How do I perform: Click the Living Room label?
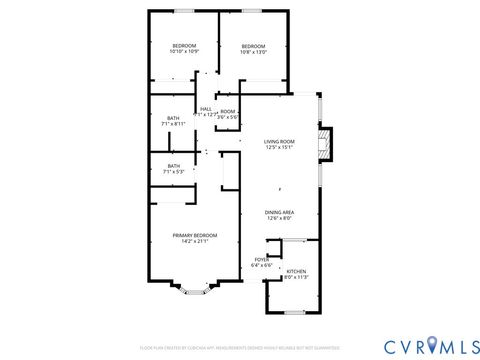279,142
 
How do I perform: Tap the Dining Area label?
279,212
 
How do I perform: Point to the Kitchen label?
297,272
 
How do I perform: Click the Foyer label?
258,261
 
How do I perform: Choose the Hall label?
206,109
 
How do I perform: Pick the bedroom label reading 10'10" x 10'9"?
185,46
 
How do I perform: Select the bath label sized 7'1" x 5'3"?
174,172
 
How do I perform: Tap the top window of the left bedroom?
183,11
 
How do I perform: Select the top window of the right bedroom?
252,11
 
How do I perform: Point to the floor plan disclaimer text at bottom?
240,347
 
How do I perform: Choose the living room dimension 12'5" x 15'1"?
279,148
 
